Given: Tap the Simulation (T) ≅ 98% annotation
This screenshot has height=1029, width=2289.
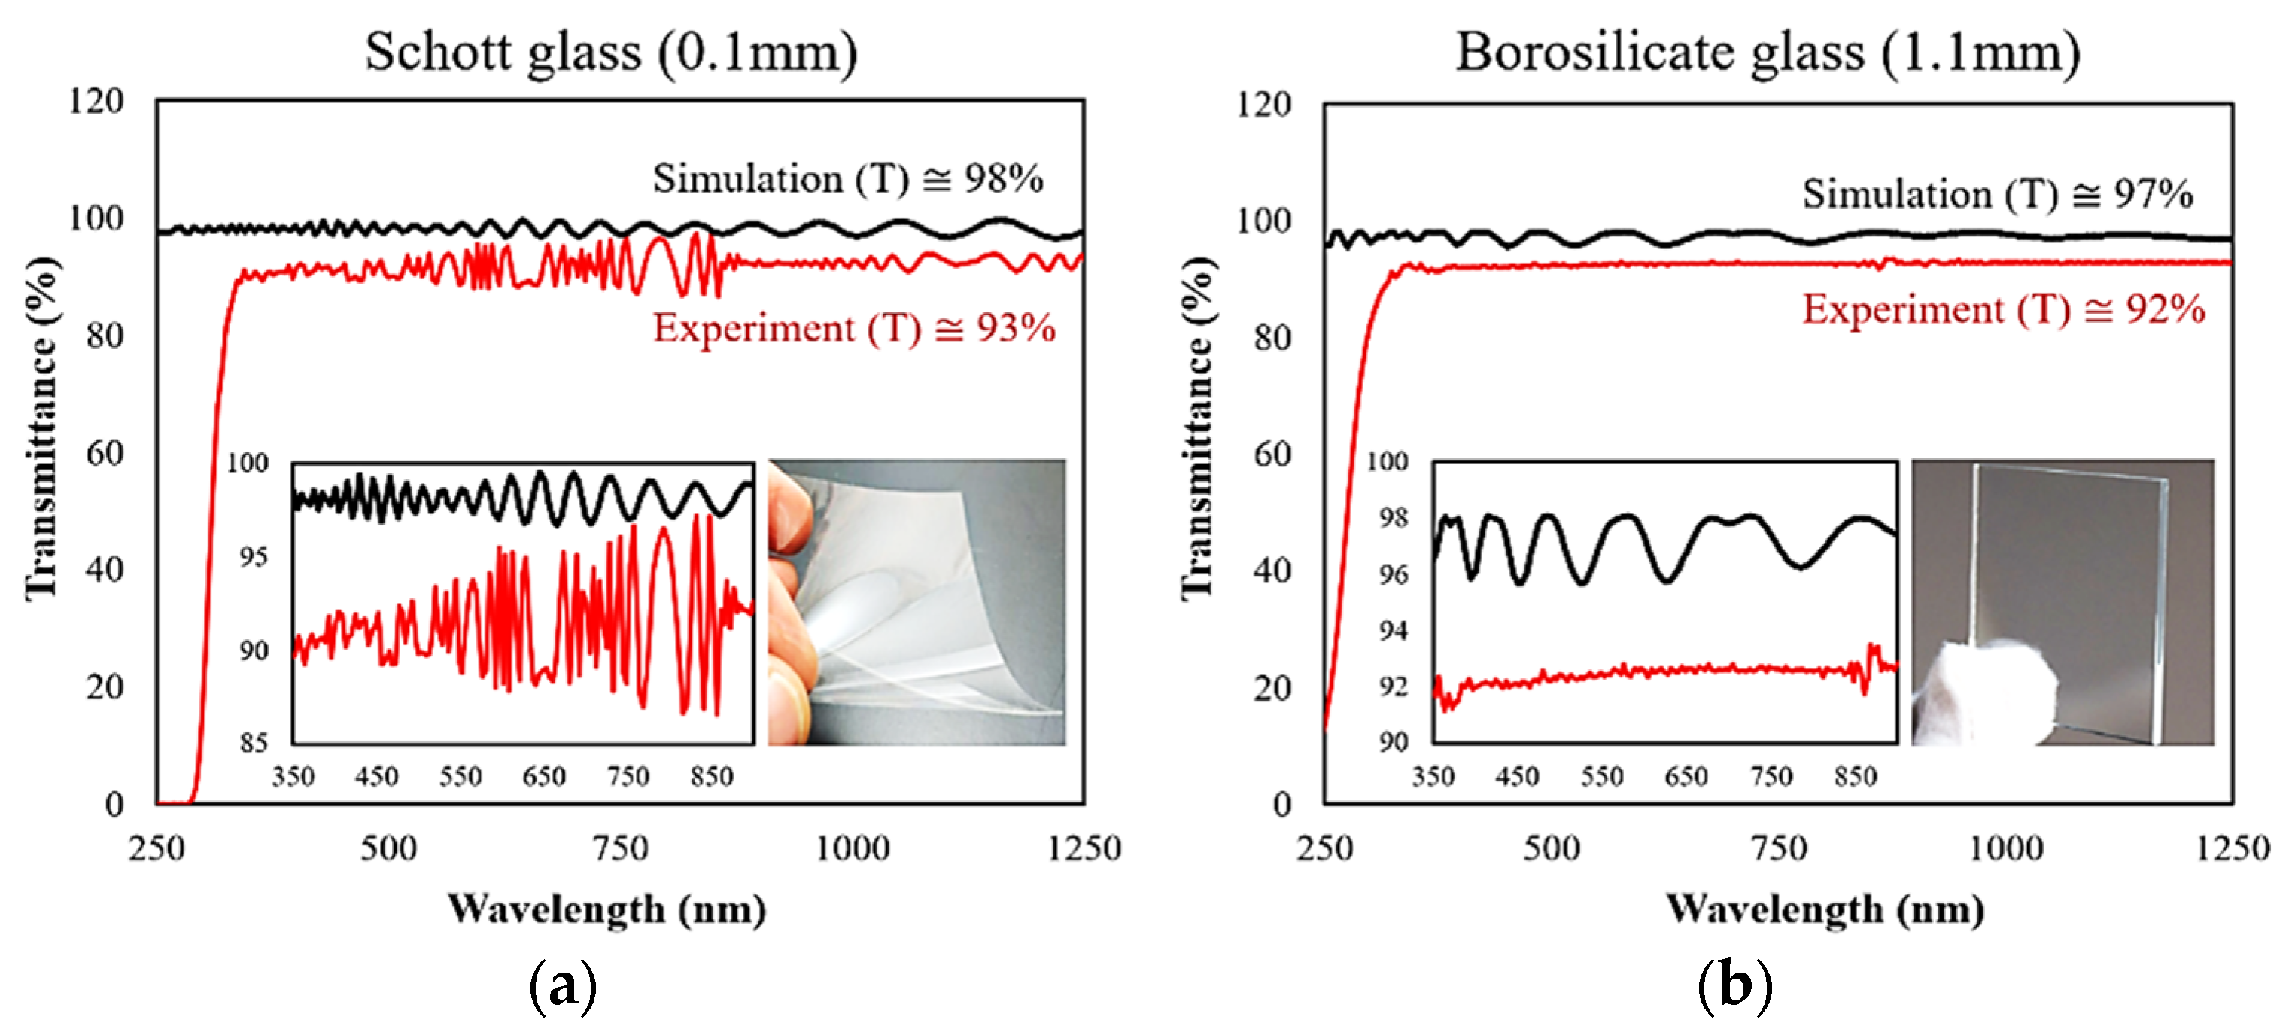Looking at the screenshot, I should (848, 178).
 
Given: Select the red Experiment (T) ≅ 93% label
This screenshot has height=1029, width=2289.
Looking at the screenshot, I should (854, 328).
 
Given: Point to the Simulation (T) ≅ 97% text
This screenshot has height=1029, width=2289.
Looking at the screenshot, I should (1996, 193).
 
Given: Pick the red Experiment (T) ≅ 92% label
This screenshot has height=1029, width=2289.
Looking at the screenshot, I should (2003, 309).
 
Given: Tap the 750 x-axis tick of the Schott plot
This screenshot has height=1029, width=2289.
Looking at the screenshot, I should (620, 848).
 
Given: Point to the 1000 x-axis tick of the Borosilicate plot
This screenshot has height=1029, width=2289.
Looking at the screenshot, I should (2005, 848).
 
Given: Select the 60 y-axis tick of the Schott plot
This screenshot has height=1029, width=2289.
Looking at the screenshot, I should (104, 453).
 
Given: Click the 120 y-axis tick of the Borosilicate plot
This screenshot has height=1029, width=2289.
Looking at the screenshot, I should (1263, 105).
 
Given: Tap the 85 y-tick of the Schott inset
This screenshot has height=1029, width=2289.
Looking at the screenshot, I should (254, 743).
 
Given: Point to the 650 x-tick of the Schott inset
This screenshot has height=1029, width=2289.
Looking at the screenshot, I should (544, 777).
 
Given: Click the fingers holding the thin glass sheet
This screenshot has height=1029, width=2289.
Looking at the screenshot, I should (789, 604).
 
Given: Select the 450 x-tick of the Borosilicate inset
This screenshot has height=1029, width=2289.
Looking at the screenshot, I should (1517, 777).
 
